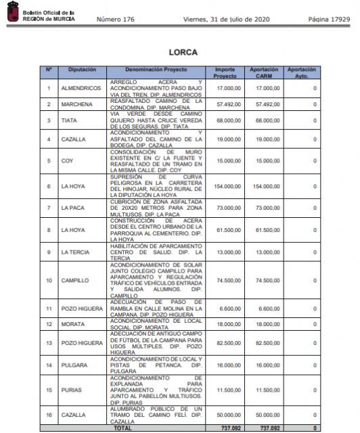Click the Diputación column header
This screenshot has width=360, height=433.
coord(82,70)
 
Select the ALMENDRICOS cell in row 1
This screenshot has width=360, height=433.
coord(81,88)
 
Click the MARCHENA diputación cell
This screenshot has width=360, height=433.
coord(77,104)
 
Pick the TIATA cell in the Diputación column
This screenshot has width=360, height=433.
coord(69,120)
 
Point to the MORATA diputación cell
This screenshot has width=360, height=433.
coord(72,324)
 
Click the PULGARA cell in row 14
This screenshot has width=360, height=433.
coord(74,365)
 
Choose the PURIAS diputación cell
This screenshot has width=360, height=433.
coord(72,390)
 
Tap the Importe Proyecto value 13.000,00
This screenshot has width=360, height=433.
coord(229,252)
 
